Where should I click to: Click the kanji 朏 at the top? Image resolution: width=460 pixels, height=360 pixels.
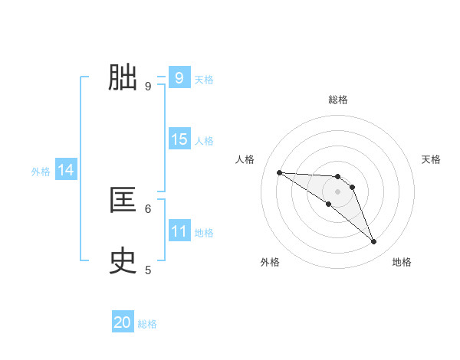point(123,77)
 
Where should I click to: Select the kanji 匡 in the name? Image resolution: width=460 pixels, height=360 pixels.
point(123,201)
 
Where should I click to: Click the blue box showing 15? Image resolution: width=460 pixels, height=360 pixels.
point(179,139)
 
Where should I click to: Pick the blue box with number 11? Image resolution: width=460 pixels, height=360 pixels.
point(179,231)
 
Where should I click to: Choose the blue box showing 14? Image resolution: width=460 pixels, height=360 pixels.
point(66,170)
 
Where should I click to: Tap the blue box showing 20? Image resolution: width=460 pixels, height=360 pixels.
point(123,322)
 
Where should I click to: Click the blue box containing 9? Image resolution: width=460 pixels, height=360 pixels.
point(179,78)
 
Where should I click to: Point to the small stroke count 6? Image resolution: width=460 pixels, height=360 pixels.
point(148,208)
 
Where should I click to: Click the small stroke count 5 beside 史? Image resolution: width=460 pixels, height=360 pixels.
point(148,270)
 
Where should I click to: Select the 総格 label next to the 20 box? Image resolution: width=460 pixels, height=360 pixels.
point(147,324)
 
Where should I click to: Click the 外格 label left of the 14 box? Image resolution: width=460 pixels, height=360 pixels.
point(41,172)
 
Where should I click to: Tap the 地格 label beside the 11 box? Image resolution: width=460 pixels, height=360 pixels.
point(204,233)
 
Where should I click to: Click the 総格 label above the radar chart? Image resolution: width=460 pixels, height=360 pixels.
point(338,100)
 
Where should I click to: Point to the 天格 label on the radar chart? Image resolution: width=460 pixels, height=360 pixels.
point(432,159)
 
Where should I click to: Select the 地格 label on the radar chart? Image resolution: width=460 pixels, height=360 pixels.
point(402,262)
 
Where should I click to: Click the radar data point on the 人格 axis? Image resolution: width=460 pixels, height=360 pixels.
point(279,172)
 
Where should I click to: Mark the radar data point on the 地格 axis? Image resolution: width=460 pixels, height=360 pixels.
point(373,242)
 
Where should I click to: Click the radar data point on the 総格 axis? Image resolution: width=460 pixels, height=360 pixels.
point(338,176)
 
